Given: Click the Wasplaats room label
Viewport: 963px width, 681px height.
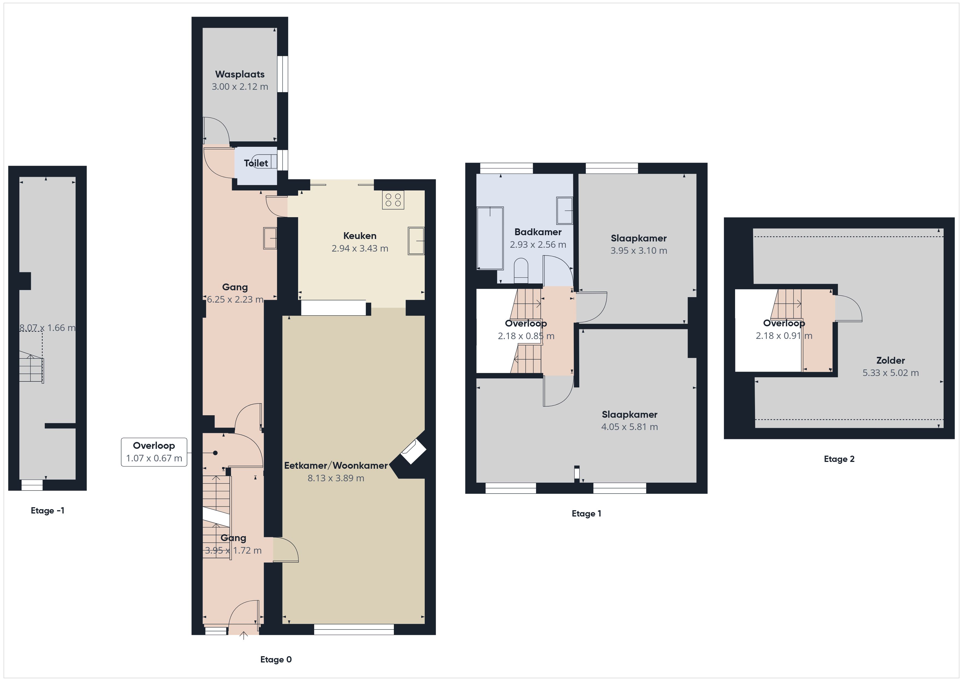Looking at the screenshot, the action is pyautogui.click(x=240, y=74).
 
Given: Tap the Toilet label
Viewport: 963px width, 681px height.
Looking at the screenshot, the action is pyautogui.click(x=256, y=163).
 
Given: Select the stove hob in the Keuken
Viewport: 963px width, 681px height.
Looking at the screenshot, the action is pyautogui.click(x=393, y=200).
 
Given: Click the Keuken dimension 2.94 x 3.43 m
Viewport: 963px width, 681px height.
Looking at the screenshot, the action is pyautogui.click(x=360, y=248).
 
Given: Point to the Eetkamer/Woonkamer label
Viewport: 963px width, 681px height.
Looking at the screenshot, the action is pyautogui.click(x=336, y=465).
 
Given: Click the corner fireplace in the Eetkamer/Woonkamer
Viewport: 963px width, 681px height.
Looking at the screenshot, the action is pyautogui.click(x=414, y=452).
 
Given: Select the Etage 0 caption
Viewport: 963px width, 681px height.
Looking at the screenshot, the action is pyautogui.click(x=276, y=660).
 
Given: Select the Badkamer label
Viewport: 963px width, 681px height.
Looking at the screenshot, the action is pyautogui.click(x=538, y=232).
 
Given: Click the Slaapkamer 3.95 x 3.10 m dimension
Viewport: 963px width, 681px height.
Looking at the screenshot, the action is pyautogui.click(x=639, y=250).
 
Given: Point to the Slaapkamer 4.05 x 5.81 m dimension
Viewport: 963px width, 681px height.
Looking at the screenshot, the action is pyautogui.click(x=629, y=427).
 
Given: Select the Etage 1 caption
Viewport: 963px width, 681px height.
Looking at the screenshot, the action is pyautogui.click(x=586, y=514).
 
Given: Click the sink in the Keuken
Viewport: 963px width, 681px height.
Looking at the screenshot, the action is pyautogui.click(x=416, y=241).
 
